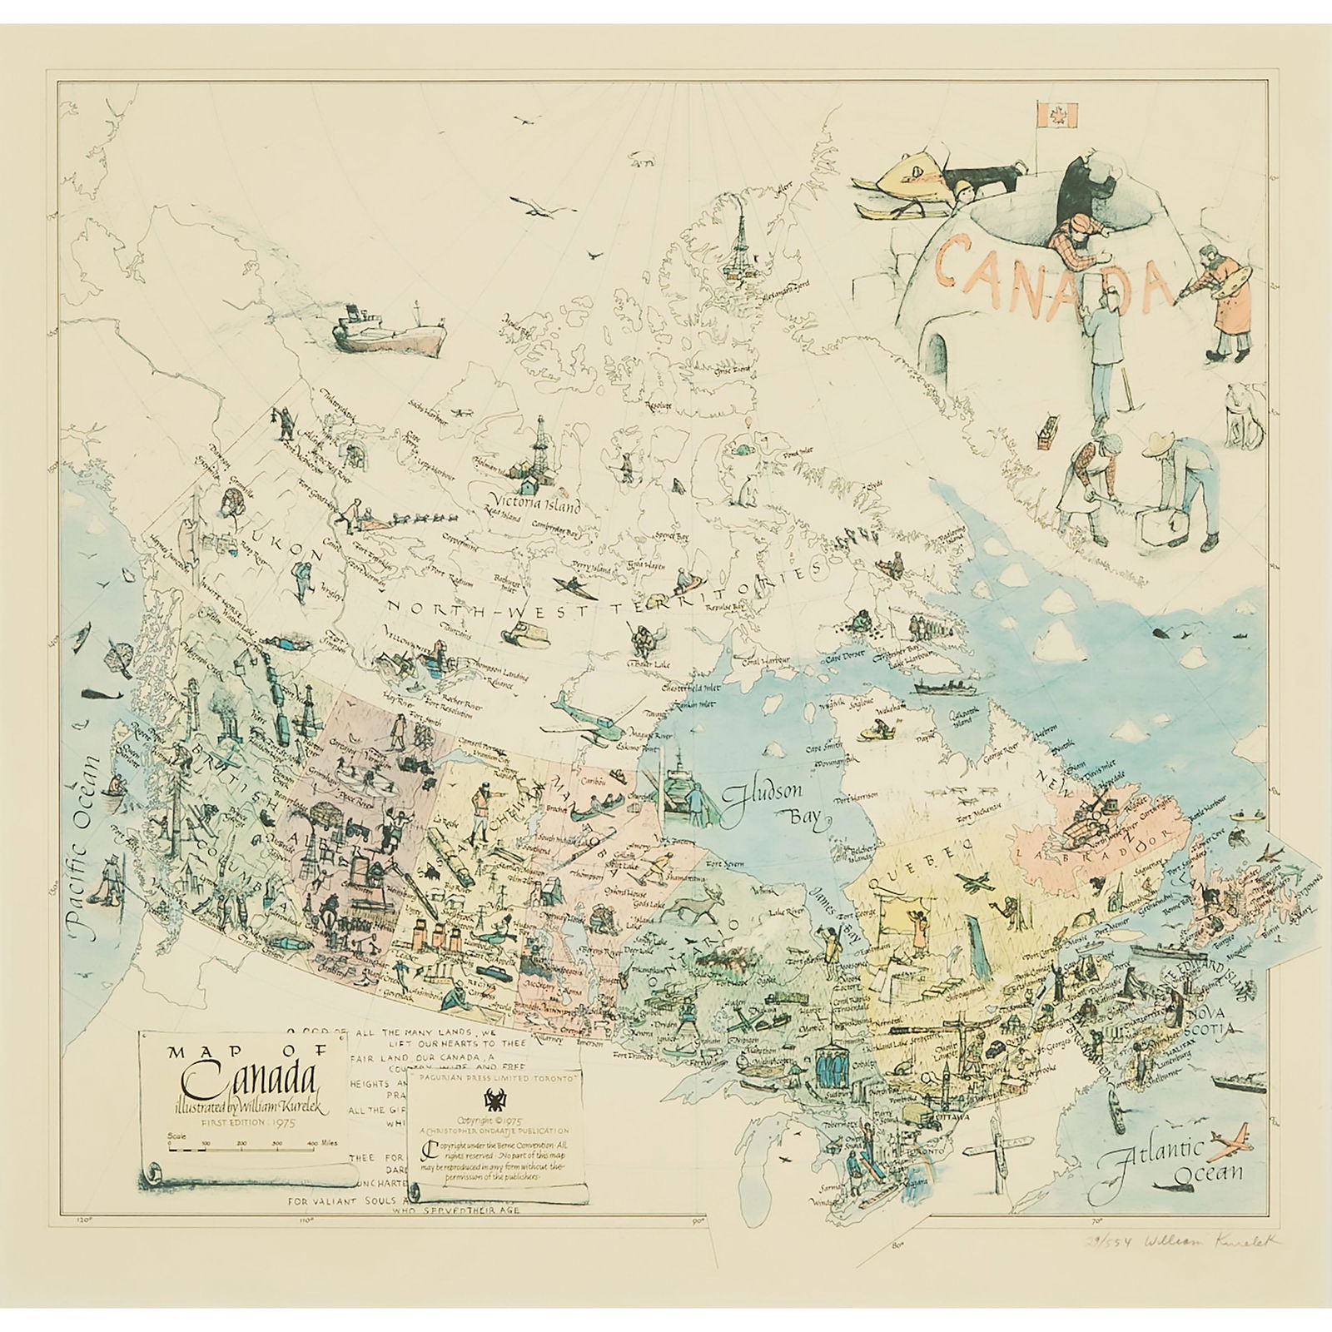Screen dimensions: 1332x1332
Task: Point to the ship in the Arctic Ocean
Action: [x=389, y=328]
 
